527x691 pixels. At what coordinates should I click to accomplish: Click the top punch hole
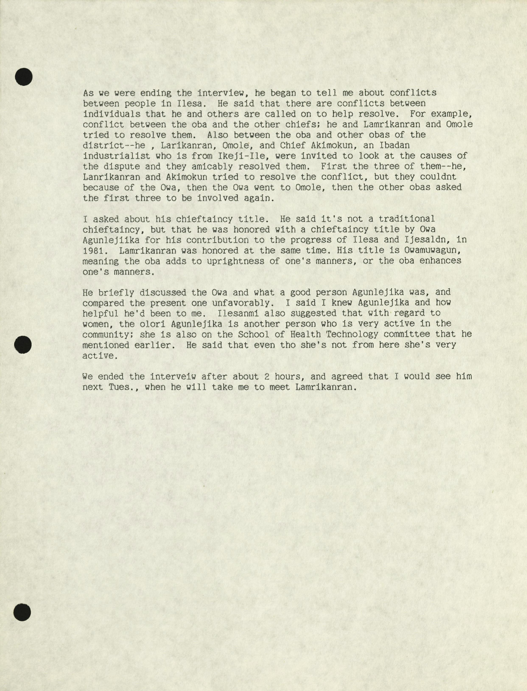(24, 77)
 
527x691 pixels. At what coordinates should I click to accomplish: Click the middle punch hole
(23, 345)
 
